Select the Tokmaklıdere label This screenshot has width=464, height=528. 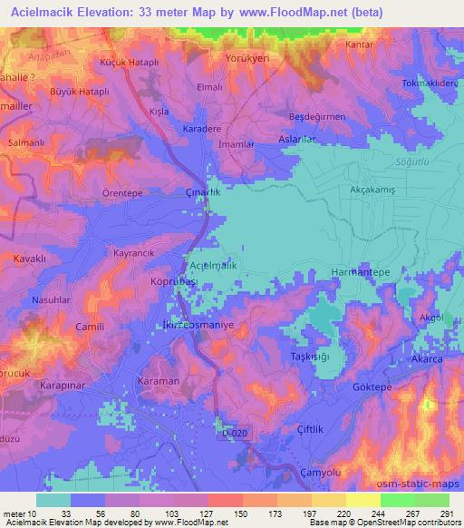click(x=431, y=82)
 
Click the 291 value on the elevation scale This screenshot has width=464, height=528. click(x=447, y=513)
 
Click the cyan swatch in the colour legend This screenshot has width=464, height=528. click(x=53, y=500)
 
